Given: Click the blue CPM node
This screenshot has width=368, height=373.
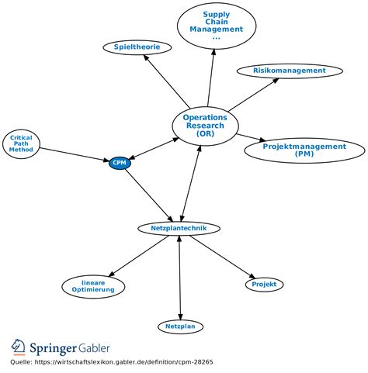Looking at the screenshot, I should [120, 162].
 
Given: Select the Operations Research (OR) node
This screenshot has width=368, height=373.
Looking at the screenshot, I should [205, 126].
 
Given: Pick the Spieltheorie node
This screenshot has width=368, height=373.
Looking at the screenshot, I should [137, 47].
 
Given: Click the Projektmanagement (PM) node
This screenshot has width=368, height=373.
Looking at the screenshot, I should [304, 150].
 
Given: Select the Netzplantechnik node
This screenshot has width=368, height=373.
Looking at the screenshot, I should [179, 228].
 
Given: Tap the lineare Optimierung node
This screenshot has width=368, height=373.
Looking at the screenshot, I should [92, 285].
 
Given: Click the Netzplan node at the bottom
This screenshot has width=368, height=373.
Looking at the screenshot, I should [181, 326].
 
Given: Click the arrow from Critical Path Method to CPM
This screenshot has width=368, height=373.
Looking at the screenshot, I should [74, 152].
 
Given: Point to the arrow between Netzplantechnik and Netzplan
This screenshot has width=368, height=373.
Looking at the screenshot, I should [180, 277].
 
